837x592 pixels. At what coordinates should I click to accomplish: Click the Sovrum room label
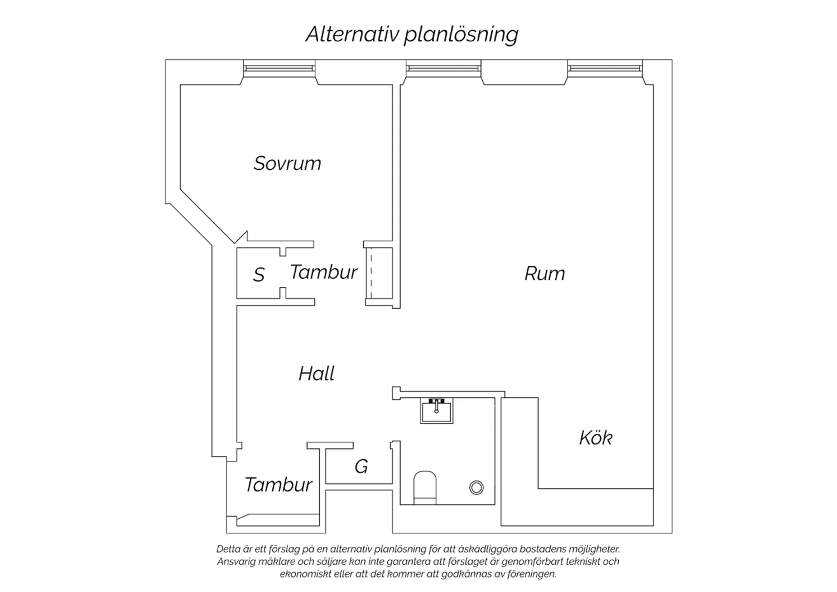coord(287,164)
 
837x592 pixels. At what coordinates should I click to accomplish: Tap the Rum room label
coord(545,273)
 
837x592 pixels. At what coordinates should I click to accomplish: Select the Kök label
coord(595,437)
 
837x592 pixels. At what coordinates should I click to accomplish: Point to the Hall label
coord(316,373)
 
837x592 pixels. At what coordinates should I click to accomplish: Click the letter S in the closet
coord(258,275)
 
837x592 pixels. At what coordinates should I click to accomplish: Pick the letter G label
coord(362,467)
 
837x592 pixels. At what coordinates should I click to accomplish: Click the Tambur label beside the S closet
coord(324,272)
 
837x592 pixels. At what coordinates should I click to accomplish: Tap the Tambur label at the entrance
coord(278,485)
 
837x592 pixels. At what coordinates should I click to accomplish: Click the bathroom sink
coord(436,410)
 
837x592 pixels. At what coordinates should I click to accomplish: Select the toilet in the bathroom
coord(425,488)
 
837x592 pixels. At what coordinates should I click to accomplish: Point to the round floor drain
coord(477,488)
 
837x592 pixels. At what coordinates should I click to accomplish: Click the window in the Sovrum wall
coord(279,69)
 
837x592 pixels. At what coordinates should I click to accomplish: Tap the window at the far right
coord(605,69)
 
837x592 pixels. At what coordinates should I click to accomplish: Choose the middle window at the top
coord(444,69)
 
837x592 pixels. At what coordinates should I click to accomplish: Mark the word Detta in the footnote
coord(228,550)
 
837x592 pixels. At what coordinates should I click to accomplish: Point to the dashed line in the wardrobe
coord(372,275)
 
